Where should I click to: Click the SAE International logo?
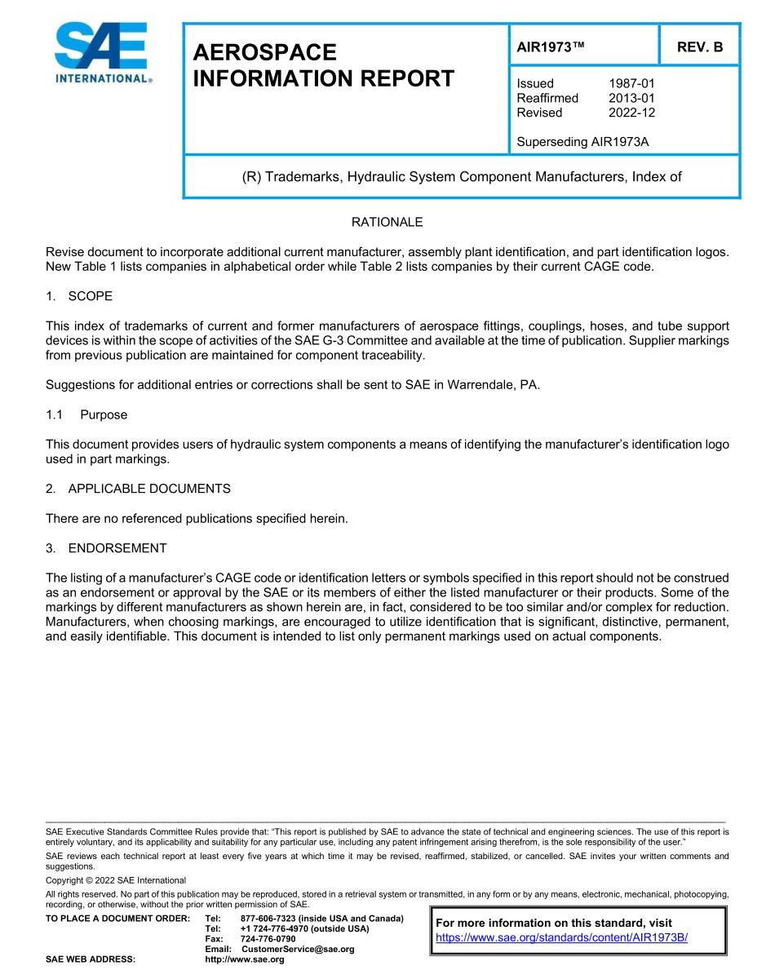(x=101, y=53)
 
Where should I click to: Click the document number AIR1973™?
(x=551, y=47)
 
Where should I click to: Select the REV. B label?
(x=699, y=47)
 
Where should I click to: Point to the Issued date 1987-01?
(x=631, y=83)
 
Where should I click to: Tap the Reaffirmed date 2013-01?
(x=631, y=98)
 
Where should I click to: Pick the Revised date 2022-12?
(x=631, y=113)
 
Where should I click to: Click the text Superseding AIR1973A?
(x=582, y=142)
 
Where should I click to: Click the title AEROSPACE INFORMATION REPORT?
(x=323, y=65)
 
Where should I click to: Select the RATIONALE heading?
(x=387, y=222)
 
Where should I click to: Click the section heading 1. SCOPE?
(x=79, y=296)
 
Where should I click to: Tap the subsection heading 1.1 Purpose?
(x=86, y=414)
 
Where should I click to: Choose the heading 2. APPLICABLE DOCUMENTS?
(x=138, y=489)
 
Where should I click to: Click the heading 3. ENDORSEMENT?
(x=106, y=548)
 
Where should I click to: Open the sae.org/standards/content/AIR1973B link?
(x=561, y=937)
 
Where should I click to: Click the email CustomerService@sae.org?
(x=298, y=950)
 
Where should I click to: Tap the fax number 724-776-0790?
(x=268, y=939)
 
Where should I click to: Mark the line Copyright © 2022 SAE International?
(x=116, y=880)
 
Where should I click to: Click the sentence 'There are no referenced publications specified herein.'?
(x=197, y=519)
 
